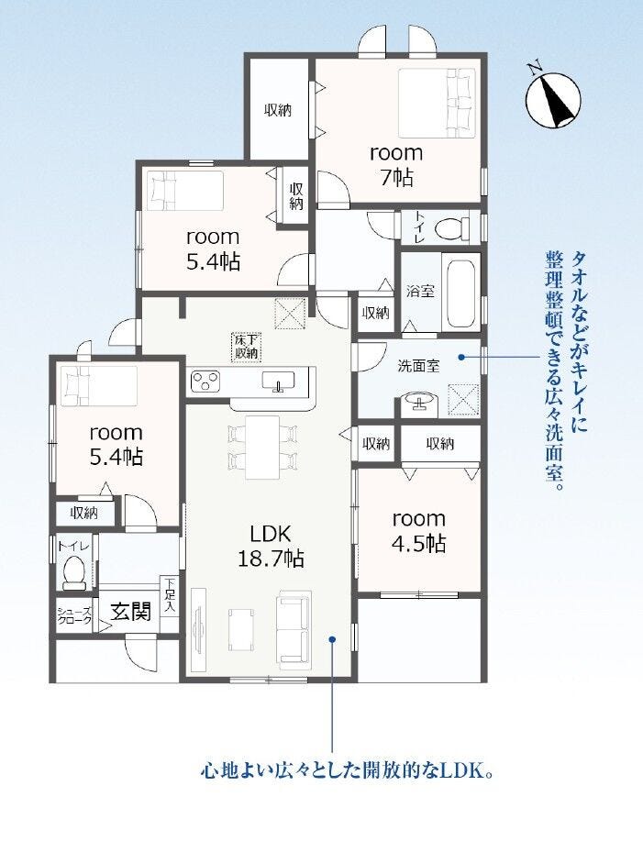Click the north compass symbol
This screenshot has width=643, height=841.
coord(552,99)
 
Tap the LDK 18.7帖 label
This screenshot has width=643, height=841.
coord(271,546)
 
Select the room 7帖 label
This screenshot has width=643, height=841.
coord(396,165)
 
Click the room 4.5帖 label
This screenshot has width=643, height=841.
coord(419,531)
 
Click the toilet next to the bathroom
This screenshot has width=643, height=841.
coord(449,229)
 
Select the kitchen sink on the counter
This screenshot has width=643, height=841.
coord(278,382)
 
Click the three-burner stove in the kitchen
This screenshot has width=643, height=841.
coord(205,381)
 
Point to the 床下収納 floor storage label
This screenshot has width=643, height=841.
coord(247,347)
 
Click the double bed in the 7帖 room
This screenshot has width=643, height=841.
coord(437,103)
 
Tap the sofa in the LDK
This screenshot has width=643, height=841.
coord(294,628)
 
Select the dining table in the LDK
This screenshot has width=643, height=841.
coord(262,447)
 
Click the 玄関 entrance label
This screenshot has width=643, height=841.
coord(130,612)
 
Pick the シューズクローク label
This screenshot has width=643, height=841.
coord(74,615)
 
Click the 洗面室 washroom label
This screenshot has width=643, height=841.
coord(418,366)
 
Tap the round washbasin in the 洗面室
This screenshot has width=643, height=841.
coord(420,403)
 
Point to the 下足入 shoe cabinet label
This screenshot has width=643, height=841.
coord(170,595)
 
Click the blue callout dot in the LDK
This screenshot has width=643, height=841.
coord(332,639)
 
